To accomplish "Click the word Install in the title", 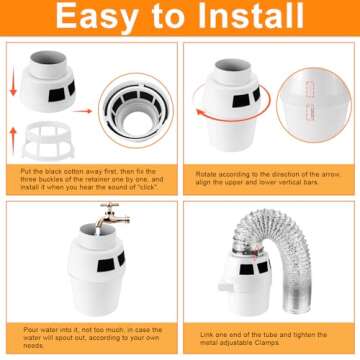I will pyautogui.click(x=253, y=19).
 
